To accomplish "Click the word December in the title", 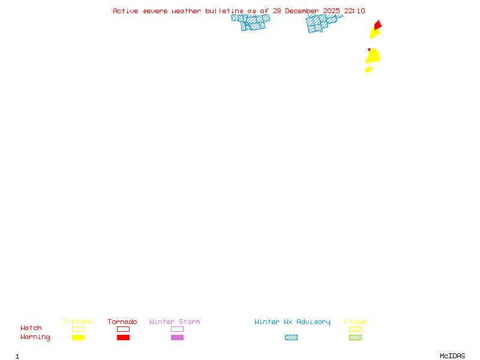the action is click(302, 11).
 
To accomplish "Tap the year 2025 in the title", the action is click(331, 11).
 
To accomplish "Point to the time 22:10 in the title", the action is click(355, 11).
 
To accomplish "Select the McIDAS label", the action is click(452, 356).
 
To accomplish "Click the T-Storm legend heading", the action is click(77, 322).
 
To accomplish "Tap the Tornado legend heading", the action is click(122, 322).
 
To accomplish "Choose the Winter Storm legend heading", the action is click(175, 322).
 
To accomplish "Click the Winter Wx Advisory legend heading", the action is click(292, 322).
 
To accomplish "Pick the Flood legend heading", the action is click(355, 322).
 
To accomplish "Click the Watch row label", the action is click(31, 328).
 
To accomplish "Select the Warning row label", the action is click(35, 337).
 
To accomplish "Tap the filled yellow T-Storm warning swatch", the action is click(79, 337).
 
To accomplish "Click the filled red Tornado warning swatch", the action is click(124, 337).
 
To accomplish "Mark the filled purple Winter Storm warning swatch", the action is click(177, 337).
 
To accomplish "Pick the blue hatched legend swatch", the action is click(291, 337).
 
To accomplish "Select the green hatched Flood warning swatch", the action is click(355, 337).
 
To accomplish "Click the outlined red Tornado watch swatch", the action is click(124, 329).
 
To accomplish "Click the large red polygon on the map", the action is click(378, 25).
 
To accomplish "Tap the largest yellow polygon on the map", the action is click(373, 56).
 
